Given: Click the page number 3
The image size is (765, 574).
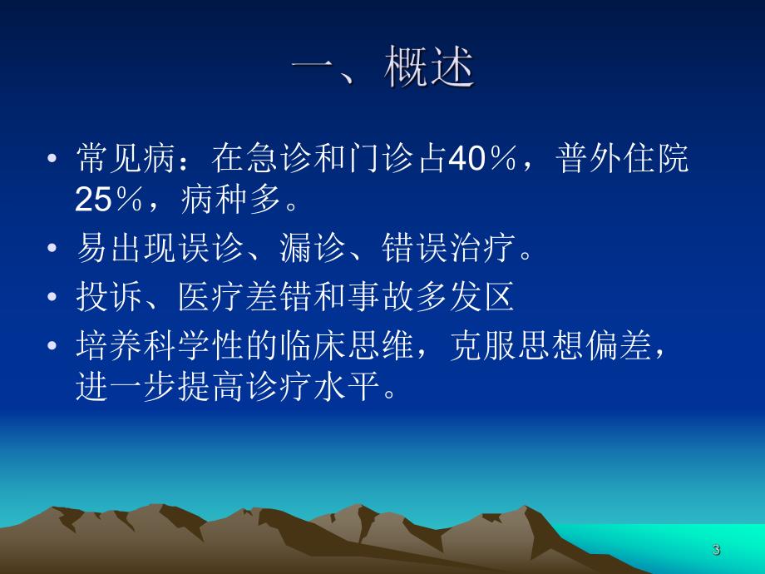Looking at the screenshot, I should (x=716, y=550).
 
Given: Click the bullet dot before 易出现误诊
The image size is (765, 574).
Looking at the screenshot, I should (x=54, y=250).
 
